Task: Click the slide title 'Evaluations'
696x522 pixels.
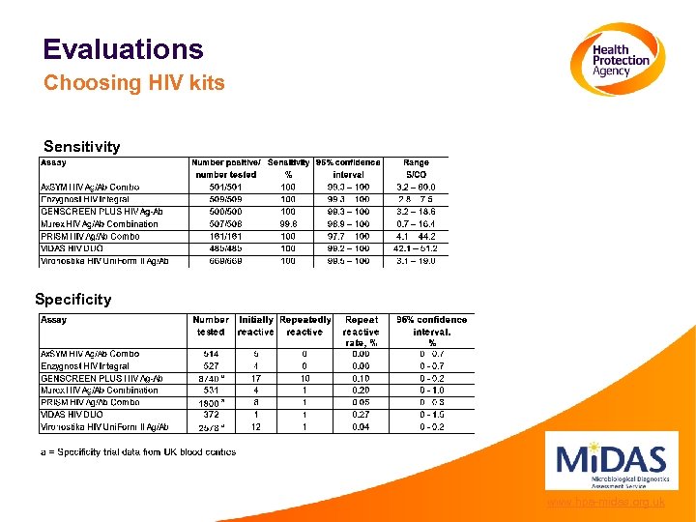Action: tap(123, 49)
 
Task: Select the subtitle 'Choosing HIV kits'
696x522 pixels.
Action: tap(133, 83)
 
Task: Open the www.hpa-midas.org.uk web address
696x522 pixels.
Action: tap(605, 503)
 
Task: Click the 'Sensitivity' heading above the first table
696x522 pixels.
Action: tap(82, 147)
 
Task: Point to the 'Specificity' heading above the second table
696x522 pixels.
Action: tap(72, 300)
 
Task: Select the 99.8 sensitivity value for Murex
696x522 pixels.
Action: tap(288, 224)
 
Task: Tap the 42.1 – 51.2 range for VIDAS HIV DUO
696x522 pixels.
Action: tap(417, 248)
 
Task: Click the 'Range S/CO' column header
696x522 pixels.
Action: tap(417, 168)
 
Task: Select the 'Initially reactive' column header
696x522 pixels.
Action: tap(256, 326)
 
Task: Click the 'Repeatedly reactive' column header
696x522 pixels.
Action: tap(304, 326)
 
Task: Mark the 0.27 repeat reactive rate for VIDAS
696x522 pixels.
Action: tap(362, 415)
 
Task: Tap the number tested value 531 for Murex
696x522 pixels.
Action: tap(211, 391)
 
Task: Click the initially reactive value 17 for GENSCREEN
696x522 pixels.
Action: tap(256, 378)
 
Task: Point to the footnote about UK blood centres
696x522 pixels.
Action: tap(137, 451)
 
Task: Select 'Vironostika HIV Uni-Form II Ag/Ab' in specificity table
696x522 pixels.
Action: tap(104, 426)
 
